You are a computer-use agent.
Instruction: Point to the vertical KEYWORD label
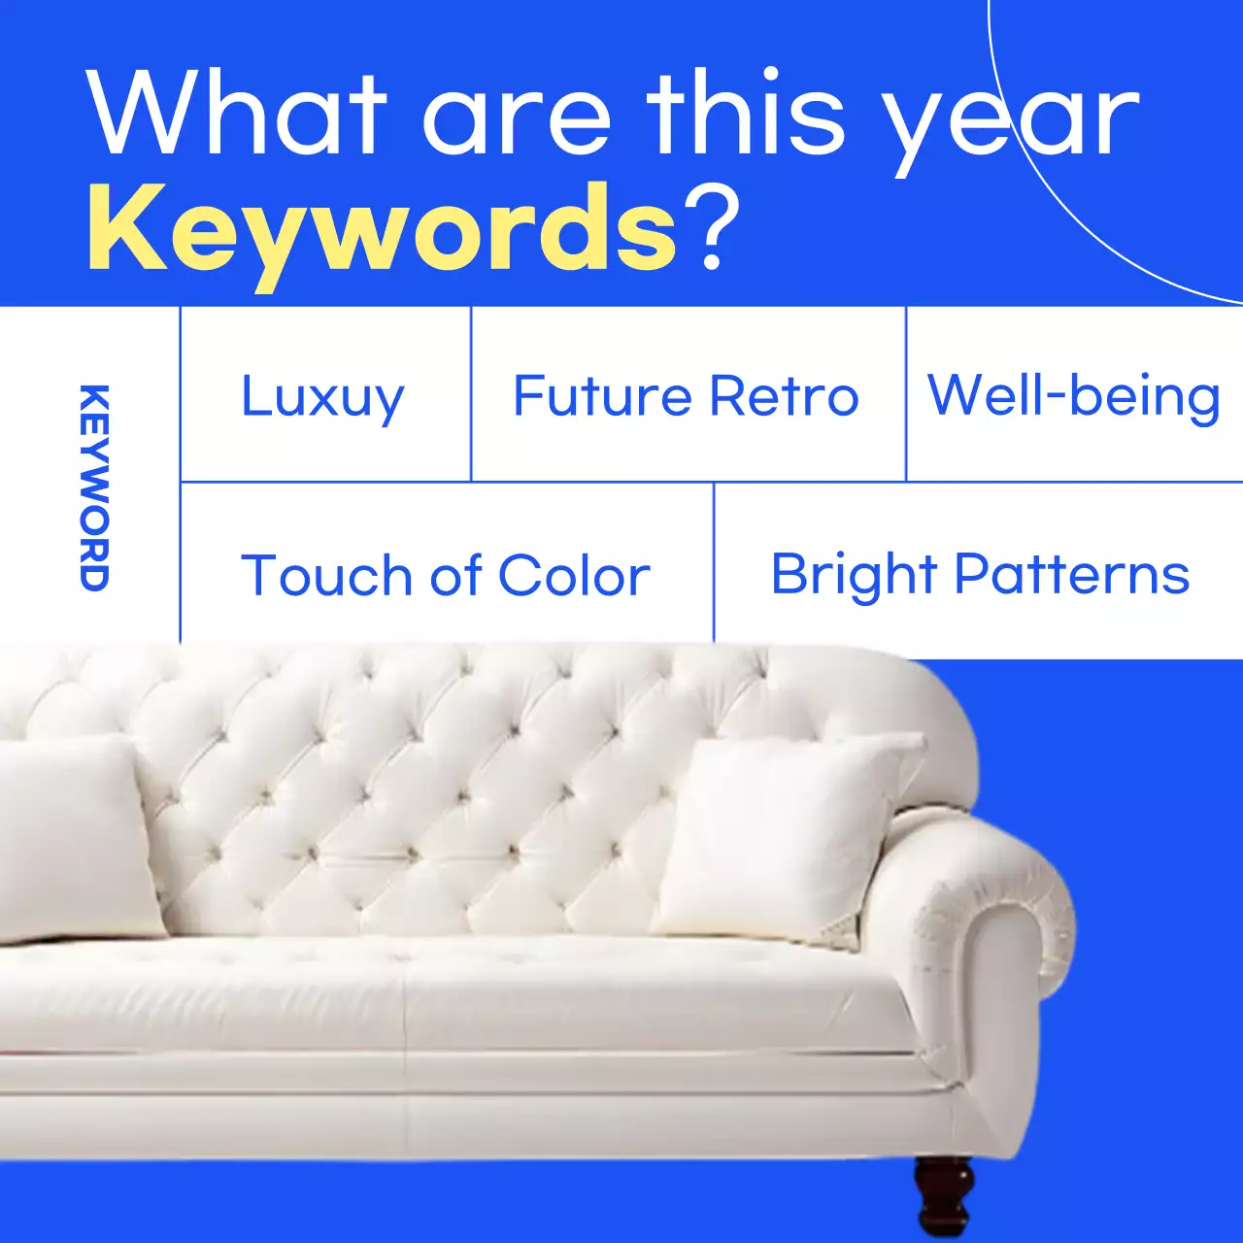coord(94,487)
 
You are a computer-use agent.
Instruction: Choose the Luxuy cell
coord(322,397)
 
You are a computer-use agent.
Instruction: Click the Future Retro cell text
coord(686,396)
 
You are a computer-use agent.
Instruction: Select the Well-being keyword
coord(1073,396)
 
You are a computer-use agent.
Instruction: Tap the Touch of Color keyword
coord(445,576)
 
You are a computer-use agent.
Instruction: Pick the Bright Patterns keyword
coord(980,575)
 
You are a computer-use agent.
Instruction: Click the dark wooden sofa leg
coord(943,1194)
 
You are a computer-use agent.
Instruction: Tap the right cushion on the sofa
coord(787,835)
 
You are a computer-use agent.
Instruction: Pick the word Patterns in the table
coord(1072,575)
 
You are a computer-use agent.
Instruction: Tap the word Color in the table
coord(574,576)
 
